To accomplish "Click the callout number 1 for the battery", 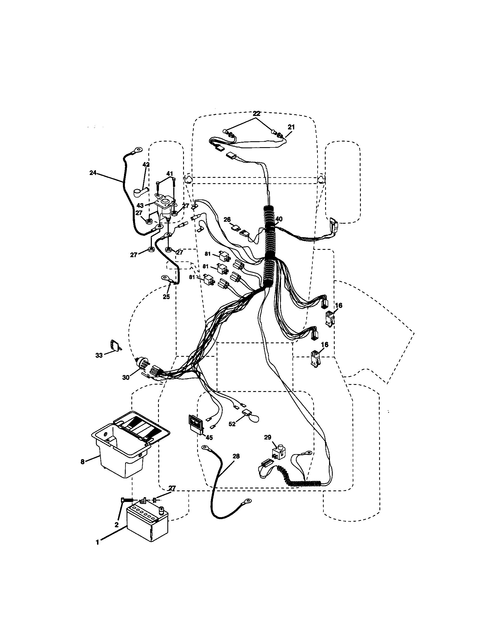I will pos(97,542).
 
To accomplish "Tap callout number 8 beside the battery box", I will pos(82,462).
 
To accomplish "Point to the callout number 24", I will pos(93,172).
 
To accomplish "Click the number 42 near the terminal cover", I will pos(146,165).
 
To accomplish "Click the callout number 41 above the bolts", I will pos(169,173).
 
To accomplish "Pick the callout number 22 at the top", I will pos(256,114).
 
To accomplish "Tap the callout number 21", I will pos(291,127).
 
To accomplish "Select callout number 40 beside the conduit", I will pos(279,219).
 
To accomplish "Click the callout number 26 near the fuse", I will pos(227,219).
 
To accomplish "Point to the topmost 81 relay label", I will pos(208,254).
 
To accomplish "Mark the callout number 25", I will pos(166,297).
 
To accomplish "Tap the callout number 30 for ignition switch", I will pos(126,377).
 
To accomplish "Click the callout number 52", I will pos(232,432).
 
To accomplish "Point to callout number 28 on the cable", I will pos(236,456).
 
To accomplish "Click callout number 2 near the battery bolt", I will pos(116,525).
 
